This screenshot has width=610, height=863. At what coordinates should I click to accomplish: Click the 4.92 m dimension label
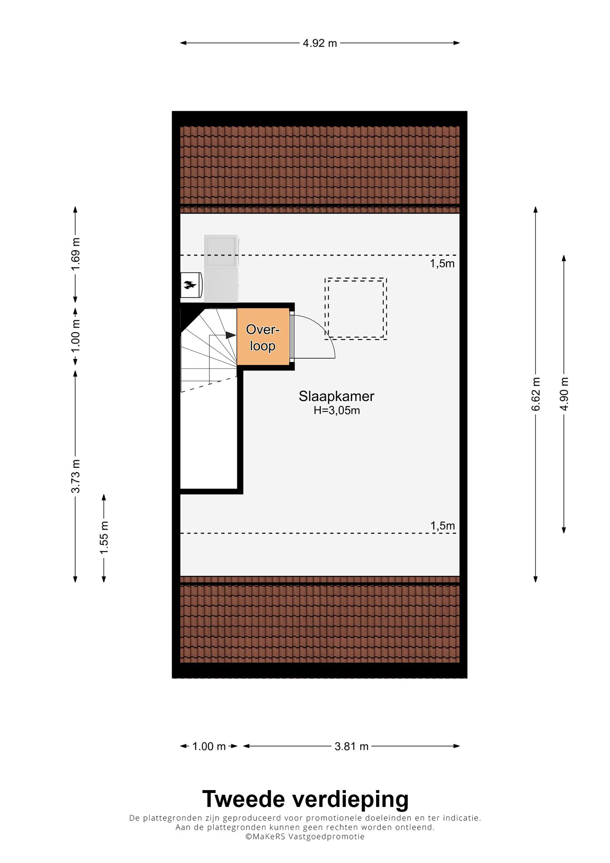320,43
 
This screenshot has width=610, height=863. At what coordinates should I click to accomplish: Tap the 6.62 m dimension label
535,394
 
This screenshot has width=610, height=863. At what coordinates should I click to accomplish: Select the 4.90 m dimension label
564,393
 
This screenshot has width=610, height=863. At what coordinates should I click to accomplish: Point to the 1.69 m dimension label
75,255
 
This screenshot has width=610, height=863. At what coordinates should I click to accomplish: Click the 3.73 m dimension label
75,476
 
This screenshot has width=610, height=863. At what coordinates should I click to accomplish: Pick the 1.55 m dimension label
104,538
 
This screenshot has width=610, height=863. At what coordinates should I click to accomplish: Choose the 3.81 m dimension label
351,747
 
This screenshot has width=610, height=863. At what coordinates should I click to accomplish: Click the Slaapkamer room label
337,396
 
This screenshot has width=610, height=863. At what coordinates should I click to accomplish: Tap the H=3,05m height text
337,410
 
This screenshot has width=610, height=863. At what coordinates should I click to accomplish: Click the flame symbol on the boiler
190,285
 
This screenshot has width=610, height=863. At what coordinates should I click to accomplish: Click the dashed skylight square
356,308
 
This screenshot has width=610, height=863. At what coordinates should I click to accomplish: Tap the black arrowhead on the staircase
230,335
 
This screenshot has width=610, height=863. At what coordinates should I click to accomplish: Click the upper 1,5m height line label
442,264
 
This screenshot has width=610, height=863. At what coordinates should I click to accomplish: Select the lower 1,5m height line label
442,526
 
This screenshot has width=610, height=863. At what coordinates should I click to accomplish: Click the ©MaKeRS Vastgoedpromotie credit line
305,837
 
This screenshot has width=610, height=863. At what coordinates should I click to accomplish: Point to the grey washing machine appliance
221,269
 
